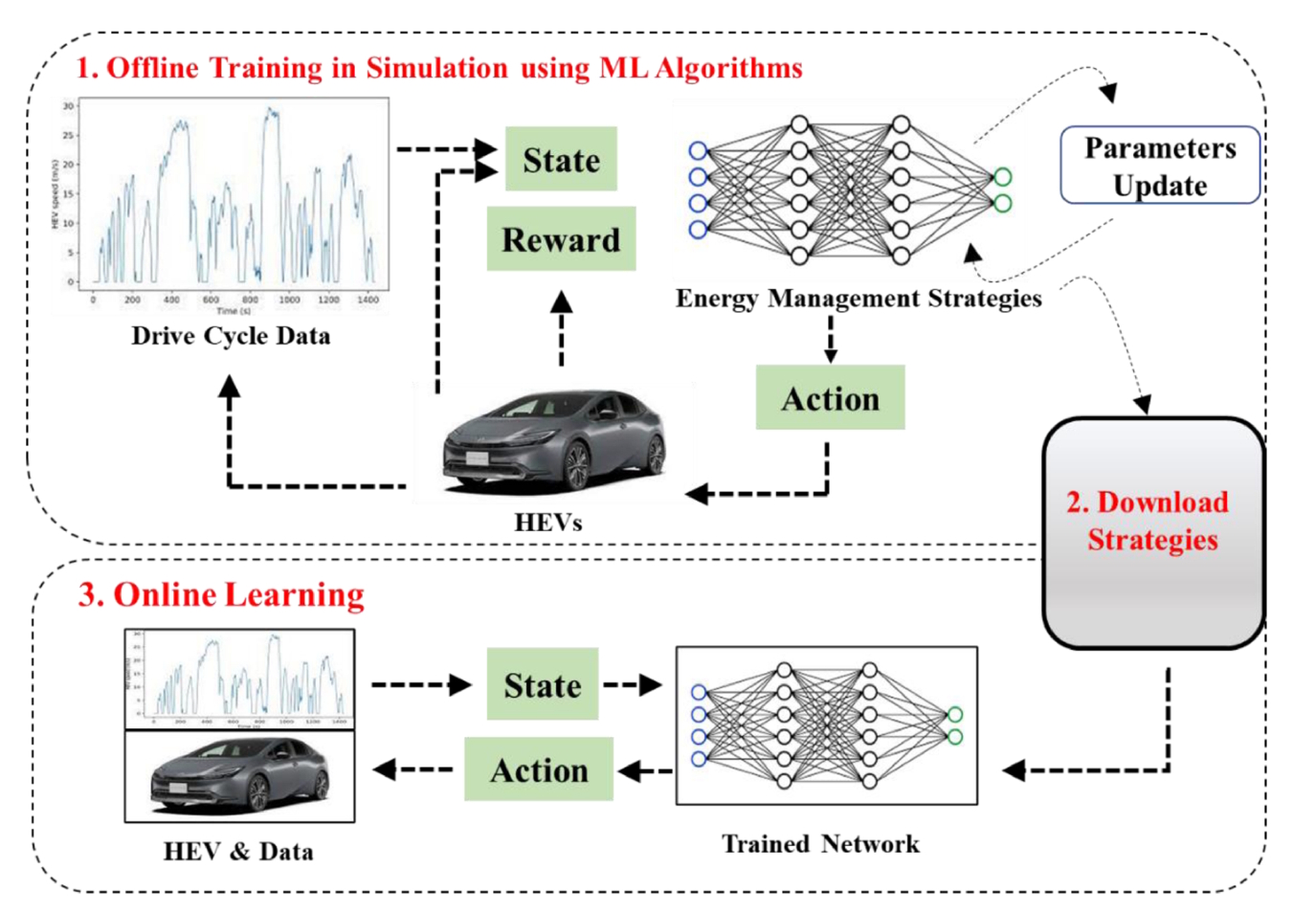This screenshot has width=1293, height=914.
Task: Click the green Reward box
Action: pos(561,239)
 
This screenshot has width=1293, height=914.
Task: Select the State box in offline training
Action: pos(561,159)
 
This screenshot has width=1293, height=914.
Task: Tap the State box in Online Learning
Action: pos(543,684)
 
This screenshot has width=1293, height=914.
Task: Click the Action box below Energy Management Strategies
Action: pos(830,397)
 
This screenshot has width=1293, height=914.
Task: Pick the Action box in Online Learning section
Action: pos(539,769)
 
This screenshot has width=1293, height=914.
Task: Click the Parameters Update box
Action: pos(1160,166)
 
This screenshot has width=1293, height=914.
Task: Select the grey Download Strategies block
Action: pos(1153,532)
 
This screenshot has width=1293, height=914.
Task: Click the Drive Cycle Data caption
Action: pos(231,336)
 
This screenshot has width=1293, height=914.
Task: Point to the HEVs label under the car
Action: pos(547,523)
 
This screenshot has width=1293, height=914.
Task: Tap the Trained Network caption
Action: pos(820,844)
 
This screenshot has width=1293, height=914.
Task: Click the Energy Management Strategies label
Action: pos(858,299)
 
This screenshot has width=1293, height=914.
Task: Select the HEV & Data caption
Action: pos(238,852)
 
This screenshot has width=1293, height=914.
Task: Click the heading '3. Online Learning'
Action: pos(221,594)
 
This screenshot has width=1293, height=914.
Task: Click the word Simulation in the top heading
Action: pos(436,68)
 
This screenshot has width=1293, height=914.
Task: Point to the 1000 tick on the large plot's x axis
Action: pos(289,300)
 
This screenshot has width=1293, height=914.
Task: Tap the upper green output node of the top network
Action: pos(1002,177)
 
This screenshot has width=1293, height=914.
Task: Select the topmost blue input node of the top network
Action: pos(698,150)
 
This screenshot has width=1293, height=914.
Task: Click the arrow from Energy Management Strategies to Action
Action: pos(830,340)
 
